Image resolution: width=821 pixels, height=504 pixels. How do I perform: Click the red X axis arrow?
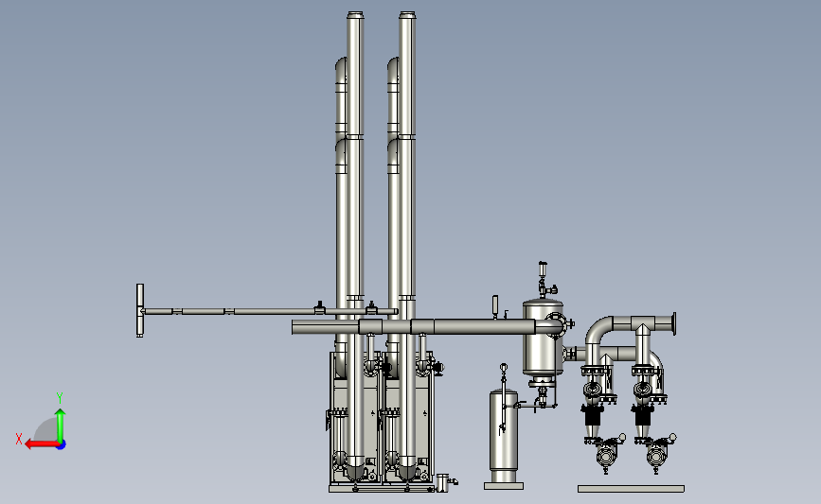(42, 444)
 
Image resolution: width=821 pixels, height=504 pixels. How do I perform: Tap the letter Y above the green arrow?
(60, 398)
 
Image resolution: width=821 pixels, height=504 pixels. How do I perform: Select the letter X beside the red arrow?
(19, 439)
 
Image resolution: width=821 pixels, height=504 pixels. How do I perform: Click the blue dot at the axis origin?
(62, 445)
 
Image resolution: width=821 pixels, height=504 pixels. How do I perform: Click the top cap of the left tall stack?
(354, 15)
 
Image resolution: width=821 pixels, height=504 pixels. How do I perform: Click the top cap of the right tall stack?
(407, 15)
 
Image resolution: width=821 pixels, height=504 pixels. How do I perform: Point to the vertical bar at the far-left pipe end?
(140, 310)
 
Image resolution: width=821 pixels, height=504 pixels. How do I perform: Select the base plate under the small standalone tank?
(504, 486)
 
